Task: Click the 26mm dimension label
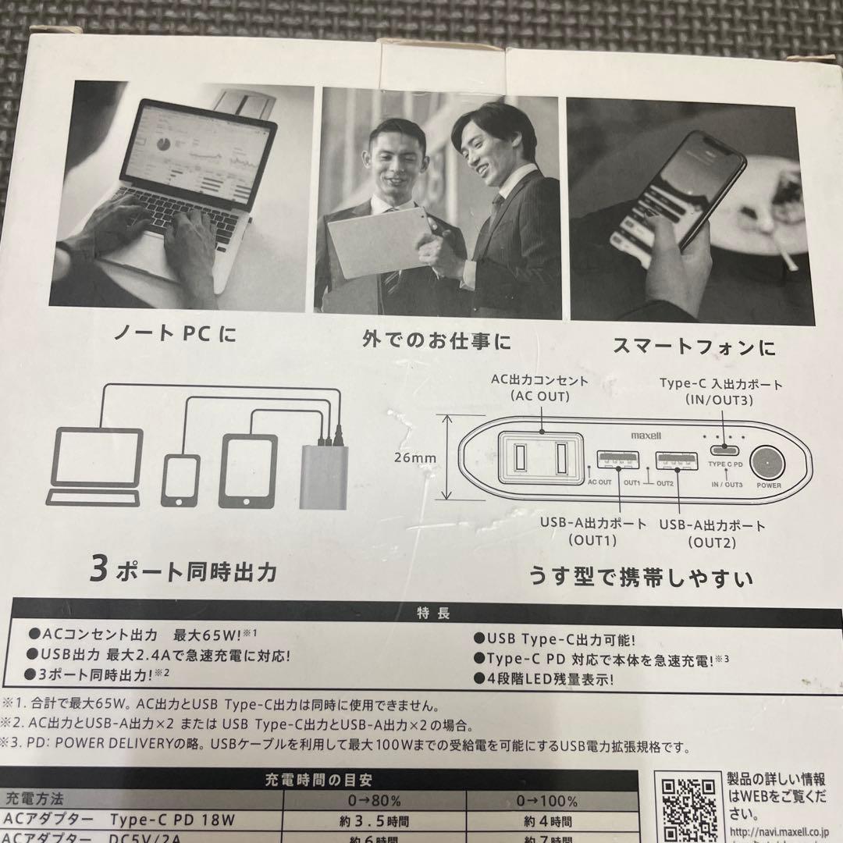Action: (x=415, y=457)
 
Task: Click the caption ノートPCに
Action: (x=174, y=336)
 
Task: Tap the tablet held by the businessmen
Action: (x=379, y=240)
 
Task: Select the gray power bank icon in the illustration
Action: (x=324, y=476)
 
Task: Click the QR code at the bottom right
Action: (x=687, y=808)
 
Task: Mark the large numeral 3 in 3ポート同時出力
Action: (x=98, y=571)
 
